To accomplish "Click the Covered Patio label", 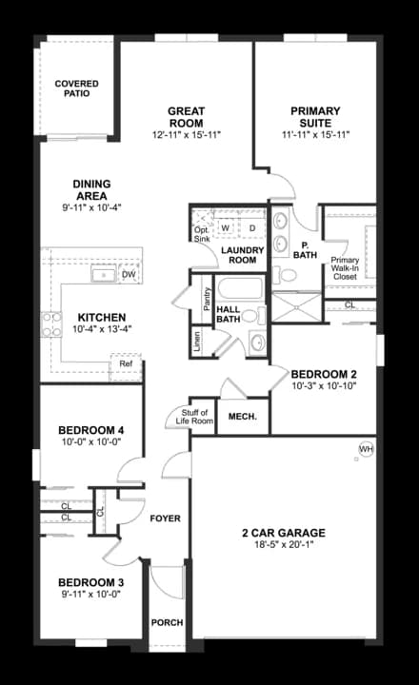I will tap(76, 89).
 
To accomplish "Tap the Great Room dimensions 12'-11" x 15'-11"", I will tap(187, 135).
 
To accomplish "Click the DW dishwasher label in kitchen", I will tap(130, 275).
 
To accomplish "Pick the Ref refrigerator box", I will tap(126, 364).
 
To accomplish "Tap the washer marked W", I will tap(227, 228).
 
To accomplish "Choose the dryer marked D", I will tap(252, 228).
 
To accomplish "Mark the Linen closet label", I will tap(197, 341).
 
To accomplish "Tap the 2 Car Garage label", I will tap(284, 533).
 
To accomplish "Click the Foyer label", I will tap(166, 518).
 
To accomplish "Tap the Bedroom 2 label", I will tap(324, 374).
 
